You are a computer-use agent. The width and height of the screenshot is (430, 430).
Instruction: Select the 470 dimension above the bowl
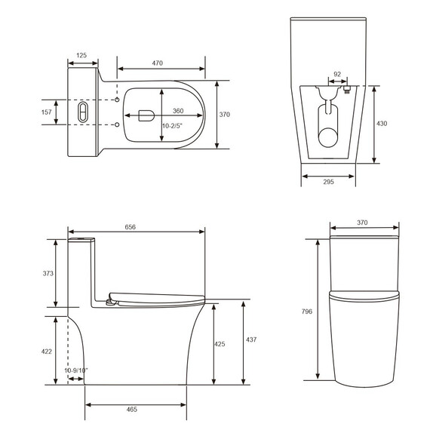(x=158, y=63)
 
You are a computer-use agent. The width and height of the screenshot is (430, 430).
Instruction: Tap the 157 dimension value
(x=46, y=112)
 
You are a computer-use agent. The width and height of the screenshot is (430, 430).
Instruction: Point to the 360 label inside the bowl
(x=177, y=109)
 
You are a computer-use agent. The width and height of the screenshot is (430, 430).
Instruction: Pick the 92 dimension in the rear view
(x=336, y=75)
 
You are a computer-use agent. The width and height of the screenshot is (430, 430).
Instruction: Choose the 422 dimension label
(x=47, y=352)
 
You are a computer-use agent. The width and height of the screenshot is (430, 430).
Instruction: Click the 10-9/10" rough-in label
(x=76, y=370)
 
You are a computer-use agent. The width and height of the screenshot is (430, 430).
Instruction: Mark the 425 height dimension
(x=220, y=344)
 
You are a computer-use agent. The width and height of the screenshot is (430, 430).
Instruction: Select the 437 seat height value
(x=251, y=340)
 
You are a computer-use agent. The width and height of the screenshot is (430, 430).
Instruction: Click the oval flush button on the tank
(x=82, y=112)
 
